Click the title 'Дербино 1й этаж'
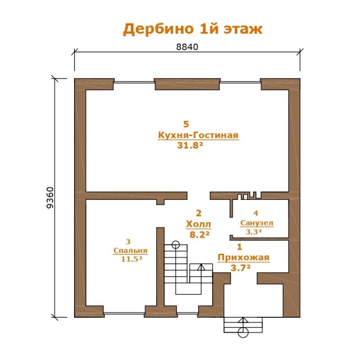coord(193,29)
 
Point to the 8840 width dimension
coord(187,47)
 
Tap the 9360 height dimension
coord(50,198)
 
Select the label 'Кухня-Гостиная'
coord(198,135)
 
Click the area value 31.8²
coord(190,145)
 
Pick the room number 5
coord(186,124)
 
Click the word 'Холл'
coord(198,224)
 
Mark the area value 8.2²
coord(199,234)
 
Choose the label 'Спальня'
coord(130,251)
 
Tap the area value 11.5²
coord(131,259)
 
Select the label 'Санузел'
coord(256,223)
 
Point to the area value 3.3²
coord(253,232)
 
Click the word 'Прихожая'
coord(243,257)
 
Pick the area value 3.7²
coord(240,268)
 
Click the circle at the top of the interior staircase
coord(175,245)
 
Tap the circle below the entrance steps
coord(243,332)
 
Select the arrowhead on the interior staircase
coord(201,266)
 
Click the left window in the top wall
coord(134,82)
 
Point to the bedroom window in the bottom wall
coord(124,313)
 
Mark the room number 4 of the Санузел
coord(256,213)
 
